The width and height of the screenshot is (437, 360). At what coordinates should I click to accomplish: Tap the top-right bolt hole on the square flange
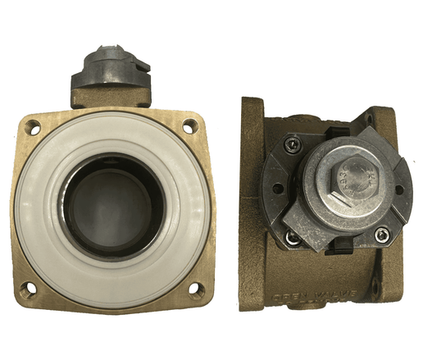pos(189,125)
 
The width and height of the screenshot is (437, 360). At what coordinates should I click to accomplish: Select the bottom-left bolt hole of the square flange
pos(30,288)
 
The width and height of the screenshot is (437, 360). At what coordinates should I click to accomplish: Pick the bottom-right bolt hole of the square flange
pos(196,288)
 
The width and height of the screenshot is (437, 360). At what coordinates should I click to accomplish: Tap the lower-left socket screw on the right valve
pos(292,238)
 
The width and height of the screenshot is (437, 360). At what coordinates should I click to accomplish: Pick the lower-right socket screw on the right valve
pos(380,236)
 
